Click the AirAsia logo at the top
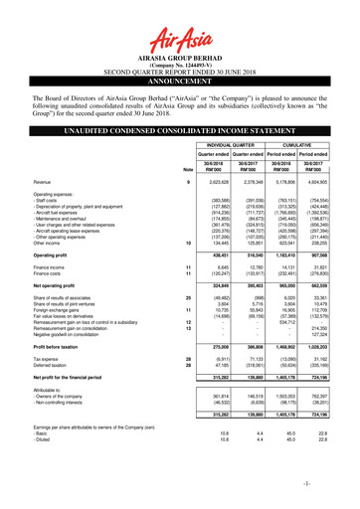[x=179, y=24]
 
